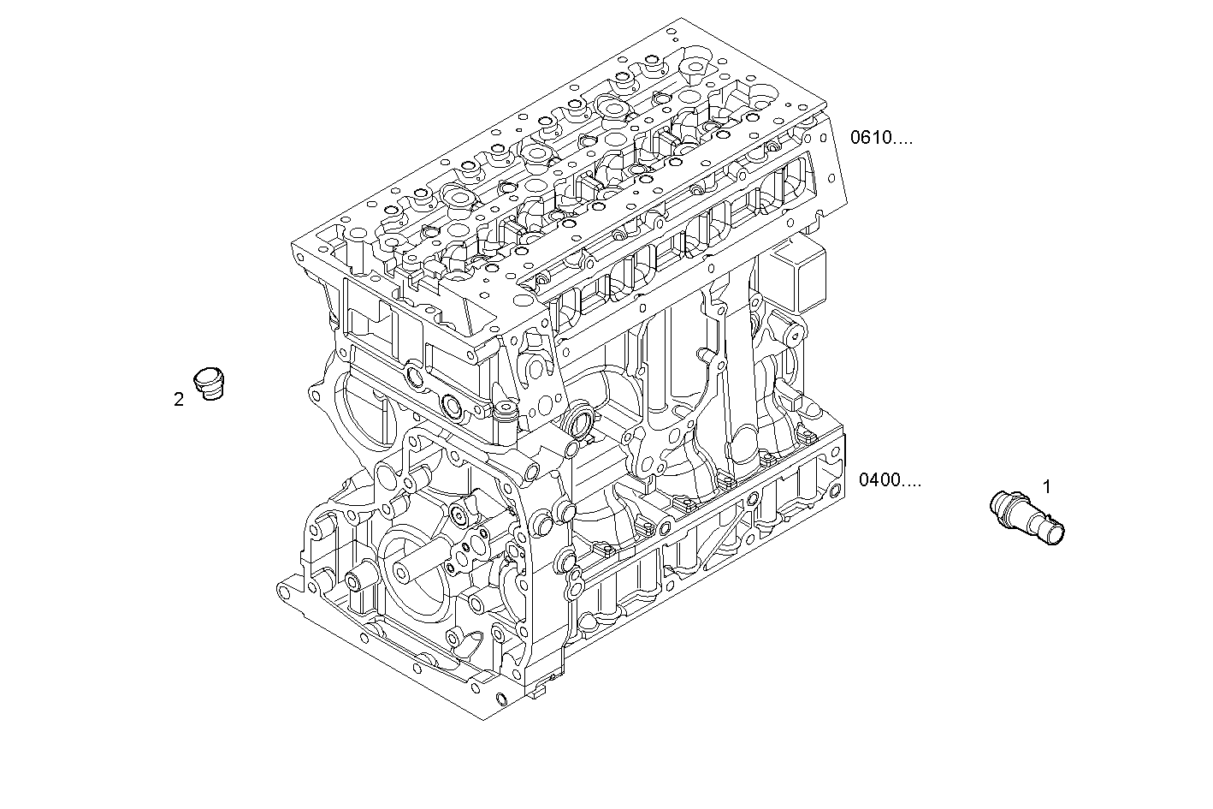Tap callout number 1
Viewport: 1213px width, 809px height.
coord(1046,486)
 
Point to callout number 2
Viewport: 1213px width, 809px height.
coord(179,399)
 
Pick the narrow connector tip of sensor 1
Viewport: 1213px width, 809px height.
coord(1053,531)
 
